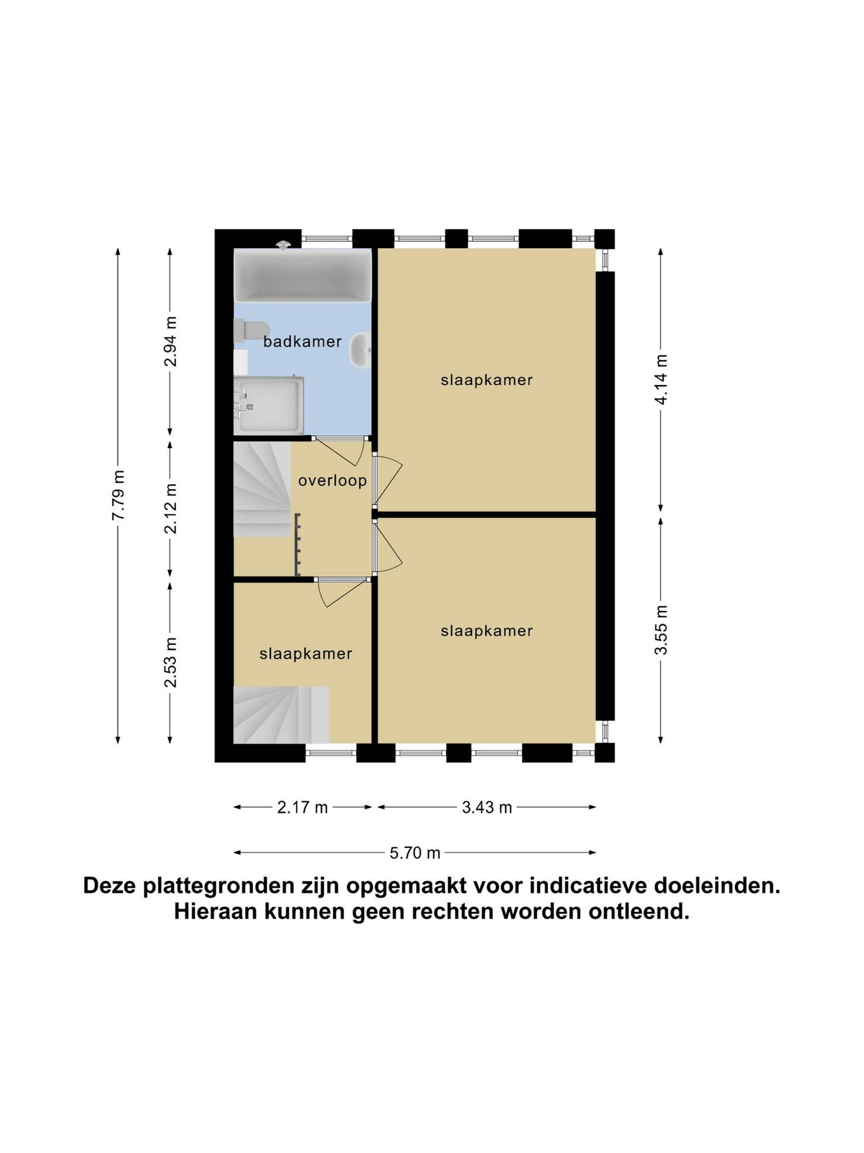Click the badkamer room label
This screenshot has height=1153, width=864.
pos(302,341)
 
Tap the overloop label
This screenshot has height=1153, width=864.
pos(332,481)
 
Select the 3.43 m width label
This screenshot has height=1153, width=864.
pos(487,807)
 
